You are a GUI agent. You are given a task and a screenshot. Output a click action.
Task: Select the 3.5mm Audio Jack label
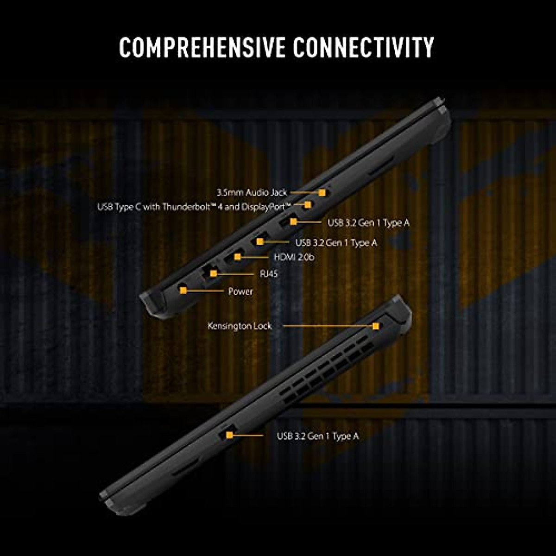pyautogui.click(x=252, y=192)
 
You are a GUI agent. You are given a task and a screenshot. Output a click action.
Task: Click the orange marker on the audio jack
pyautogui.click(x=322, y=191)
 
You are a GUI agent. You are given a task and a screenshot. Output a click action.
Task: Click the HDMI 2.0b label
pyautogui.click(x=294, y=257)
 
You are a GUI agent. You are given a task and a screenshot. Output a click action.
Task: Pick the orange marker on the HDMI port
pyautogui.click(x=238, y=256)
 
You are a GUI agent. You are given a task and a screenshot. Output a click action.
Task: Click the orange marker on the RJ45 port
pyautogui.click(x=213, y=274)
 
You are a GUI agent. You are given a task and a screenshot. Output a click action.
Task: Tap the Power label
pyautogui.click(x=240, y=291)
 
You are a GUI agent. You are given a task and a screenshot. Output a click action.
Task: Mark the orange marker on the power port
pyautogui.click(x=183, y=291)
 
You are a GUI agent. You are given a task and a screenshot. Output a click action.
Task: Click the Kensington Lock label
pyautogui.click(x=240, y=326)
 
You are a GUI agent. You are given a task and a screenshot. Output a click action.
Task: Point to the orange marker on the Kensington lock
pyautogui.click(x=376, y=326)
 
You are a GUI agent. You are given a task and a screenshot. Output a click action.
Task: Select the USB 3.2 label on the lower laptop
pyautogui.click(x=318, y=436)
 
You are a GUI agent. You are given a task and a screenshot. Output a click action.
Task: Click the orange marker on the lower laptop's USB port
pyautogui.click(x=229, y=435)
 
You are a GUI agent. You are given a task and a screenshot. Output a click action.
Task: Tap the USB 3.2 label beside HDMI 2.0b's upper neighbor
pyautogui.click(x=336, y=242)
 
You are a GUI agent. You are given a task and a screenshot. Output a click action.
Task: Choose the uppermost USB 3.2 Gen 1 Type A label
pyautogui.click(x=369, y=223)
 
